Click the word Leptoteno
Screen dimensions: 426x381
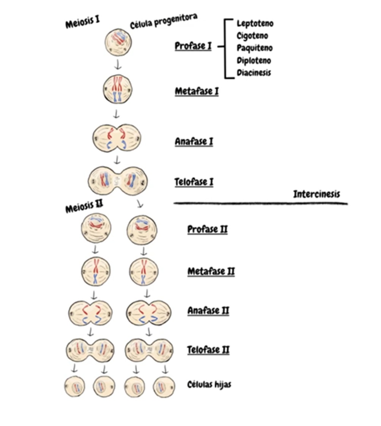pyautogui.click(x=255, y=24)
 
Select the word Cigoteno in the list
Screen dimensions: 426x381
pyautogui.click(x=252, y=36)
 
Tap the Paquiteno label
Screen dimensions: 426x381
pyautogui.click(x=255, y=48)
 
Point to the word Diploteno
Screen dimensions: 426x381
pyautogui.click(x=254, y=60)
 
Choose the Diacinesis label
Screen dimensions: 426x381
pyautogui.click(x=254, y=73)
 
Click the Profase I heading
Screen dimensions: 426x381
pyautogui.click(x=193, y=46)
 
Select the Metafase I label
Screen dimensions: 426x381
pyautogui.click(x=197, y=92)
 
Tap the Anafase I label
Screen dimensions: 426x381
pyautogui.click(x=194, y=142)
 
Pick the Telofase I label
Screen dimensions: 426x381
pyautogui.click(x=194, y=182)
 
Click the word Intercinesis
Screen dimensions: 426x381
pyautogui.click(x=316, y=194)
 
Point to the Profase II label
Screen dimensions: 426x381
pyautogui.click(x=207, y=229)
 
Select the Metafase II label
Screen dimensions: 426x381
pyautogui.click(x=211, y=271)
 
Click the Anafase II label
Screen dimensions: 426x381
pyautogui.click(x=208, y=311)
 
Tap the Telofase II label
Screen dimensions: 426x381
pyautogui.click(x=208, y=350)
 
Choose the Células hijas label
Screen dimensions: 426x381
pyautogui.click(x=209, y=384)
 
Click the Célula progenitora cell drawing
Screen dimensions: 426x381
pyautogui.click(x=118, y=42)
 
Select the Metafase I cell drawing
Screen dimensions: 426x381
pyautogui.click(x=117, y=90)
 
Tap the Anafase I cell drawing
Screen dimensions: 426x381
pyautogui.click(x=117, y=138)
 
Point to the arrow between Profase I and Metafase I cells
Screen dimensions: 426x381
pyautogui.click(x=118, y=65)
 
